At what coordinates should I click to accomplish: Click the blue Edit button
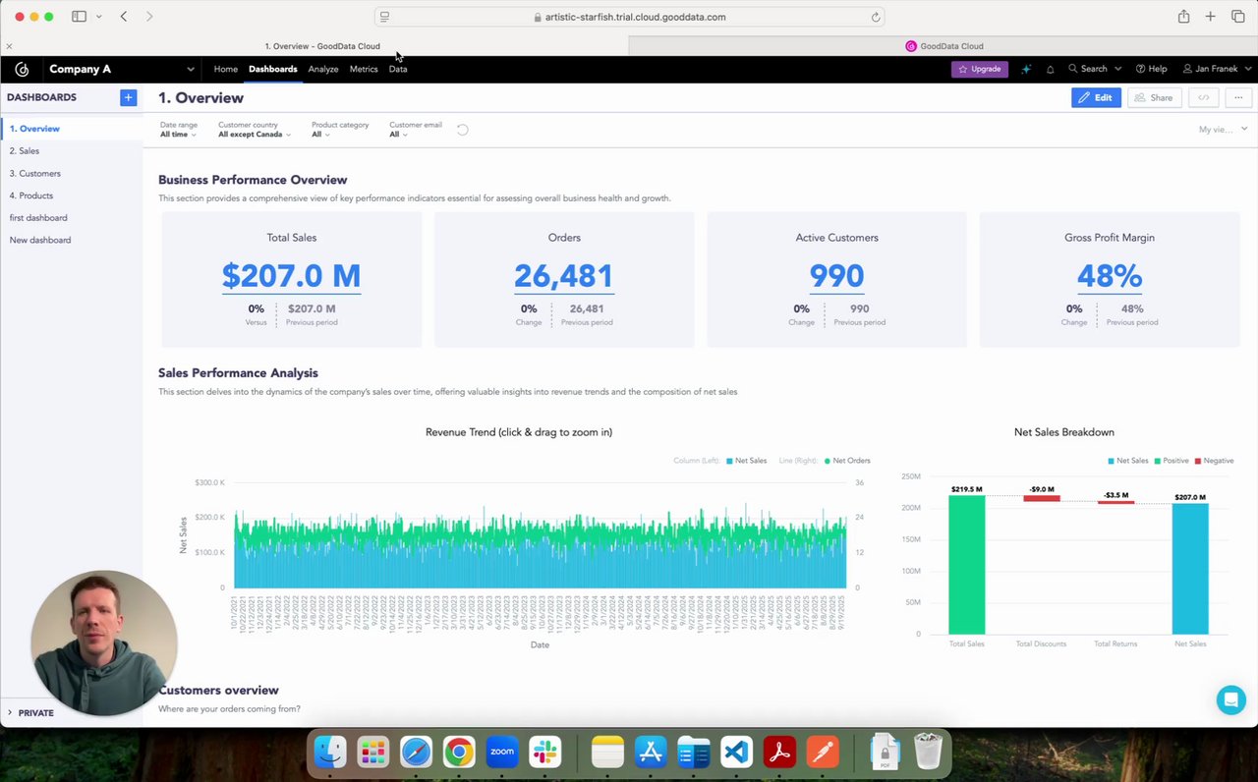click(1096, 97)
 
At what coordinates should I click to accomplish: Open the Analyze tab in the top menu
click(322, 69)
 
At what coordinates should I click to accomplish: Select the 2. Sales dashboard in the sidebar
click(25, 150)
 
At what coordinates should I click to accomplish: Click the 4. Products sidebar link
click(31, 195)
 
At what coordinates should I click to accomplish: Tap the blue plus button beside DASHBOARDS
click(128, 97)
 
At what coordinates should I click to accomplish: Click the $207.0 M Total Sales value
click(291, 276)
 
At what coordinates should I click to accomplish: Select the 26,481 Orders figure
click(563, 276)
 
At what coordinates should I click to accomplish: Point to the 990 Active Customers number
click(836, 276)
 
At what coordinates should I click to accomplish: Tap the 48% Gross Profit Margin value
click(1109, 276)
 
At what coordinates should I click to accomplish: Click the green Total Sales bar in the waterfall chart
click(966, 565)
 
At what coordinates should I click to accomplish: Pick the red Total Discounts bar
click(1042, 498)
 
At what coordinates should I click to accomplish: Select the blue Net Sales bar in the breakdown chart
click(1190, 569)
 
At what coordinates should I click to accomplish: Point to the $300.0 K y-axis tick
click(209, 482)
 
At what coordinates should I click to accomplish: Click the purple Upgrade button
click(980, 69)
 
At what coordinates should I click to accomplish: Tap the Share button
click(1154, 97)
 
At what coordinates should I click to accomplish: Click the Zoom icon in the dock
click(502, 752)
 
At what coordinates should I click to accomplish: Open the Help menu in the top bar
click(1151, 69)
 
